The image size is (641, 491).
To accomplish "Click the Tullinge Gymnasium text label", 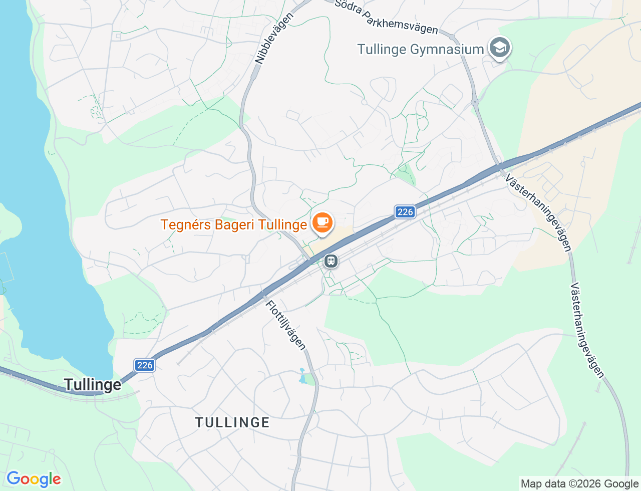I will point(420,50).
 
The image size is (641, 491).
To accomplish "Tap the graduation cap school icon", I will point(499,48).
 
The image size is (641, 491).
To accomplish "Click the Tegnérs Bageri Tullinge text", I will point(233,224).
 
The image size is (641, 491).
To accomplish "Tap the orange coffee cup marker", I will point(323,222).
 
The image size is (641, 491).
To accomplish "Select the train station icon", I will point(331,261).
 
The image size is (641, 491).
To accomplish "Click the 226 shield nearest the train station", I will point(405,212).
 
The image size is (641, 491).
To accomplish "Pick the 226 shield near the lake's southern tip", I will point(145,365).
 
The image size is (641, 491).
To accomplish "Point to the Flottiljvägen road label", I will point(285,325).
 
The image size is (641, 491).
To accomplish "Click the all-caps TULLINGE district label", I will point(232,423).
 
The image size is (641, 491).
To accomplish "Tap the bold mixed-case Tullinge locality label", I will point(93,385).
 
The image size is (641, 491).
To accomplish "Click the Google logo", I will point(34,479).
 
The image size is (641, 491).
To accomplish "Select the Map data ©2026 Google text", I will point(579,483).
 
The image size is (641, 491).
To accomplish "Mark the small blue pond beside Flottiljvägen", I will point(302,376).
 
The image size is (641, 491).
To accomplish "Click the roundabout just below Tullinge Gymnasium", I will point(475,102).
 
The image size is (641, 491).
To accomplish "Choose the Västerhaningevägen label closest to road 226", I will point(538,212).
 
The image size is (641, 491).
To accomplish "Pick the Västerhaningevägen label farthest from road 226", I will point(587,330).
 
